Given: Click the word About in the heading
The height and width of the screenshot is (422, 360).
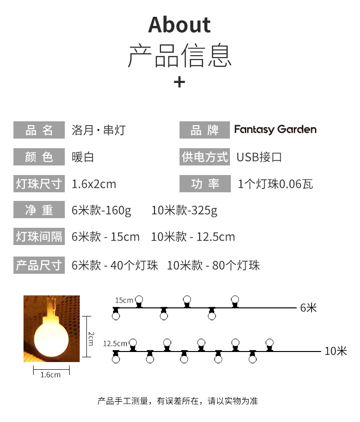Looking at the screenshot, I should point(180,25).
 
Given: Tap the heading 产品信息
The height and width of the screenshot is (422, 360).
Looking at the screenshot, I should point(180,56).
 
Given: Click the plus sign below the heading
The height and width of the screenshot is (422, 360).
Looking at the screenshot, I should point(179,82).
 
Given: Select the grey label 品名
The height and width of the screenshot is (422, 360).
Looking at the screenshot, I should point(39,130).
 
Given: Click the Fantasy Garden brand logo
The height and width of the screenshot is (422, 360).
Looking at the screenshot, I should point(275,130).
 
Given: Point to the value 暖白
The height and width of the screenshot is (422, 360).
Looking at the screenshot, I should point(83,157).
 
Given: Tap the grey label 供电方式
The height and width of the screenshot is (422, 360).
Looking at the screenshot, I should point(204,157).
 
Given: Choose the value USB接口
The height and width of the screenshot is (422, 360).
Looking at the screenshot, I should point(259,157).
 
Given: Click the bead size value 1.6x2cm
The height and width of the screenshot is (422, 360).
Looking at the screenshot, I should point(94,184).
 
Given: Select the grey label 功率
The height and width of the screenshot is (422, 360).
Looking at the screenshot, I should point(204,184).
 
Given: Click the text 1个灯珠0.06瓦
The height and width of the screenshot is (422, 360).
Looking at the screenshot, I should point(276,184).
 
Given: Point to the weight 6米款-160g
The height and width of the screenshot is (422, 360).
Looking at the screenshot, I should point(101,211).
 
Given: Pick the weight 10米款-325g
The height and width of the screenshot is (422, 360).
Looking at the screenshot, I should point(184,211).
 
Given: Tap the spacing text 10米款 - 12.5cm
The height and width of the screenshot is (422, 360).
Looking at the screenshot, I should point(193,237).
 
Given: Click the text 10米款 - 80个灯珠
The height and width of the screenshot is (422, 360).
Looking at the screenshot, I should point(213,265).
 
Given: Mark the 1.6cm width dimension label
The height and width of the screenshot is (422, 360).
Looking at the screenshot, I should point(50,375).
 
